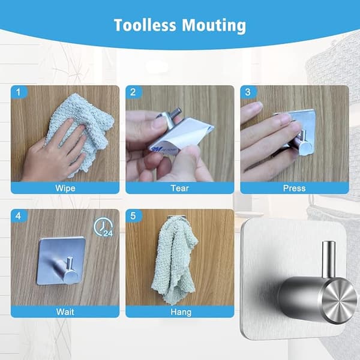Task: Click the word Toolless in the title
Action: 145,25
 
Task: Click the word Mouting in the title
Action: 214,26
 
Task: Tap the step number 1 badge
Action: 19,92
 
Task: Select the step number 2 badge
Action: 134,92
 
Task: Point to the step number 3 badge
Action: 248,92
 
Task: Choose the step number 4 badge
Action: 19,216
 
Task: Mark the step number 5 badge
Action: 134,216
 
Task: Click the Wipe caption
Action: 65,188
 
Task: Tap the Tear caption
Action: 180,188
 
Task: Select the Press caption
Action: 295,188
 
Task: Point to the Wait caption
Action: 65,312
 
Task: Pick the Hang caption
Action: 181,312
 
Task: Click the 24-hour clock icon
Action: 104,227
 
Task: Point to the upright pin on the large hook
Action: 328,259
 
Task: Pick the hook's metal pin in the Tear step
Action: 177,113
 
